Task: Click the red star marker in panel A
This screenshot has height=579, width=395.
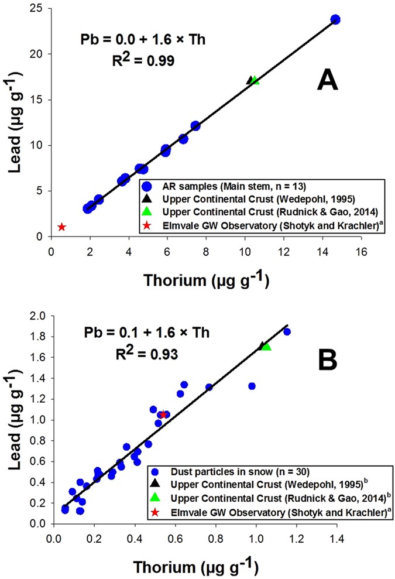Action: click(x=62, y=227)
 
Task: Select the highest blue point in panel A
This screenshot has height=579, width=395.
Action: click(x=335, y=19)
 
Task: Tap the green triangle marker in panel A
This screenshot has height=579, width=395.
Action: click(x=255, y=80)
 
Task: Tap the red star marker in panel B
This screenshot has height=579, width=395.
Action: click(x=163, y=414)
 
